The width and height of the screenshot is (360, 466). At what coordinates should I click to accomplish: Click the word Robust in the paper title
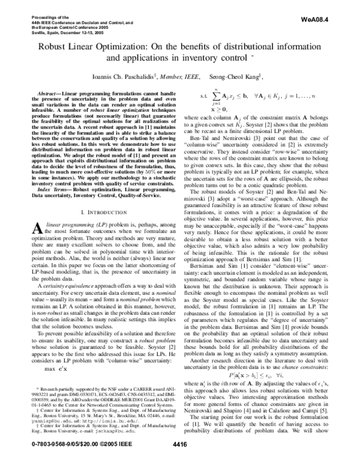(55, 45)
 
